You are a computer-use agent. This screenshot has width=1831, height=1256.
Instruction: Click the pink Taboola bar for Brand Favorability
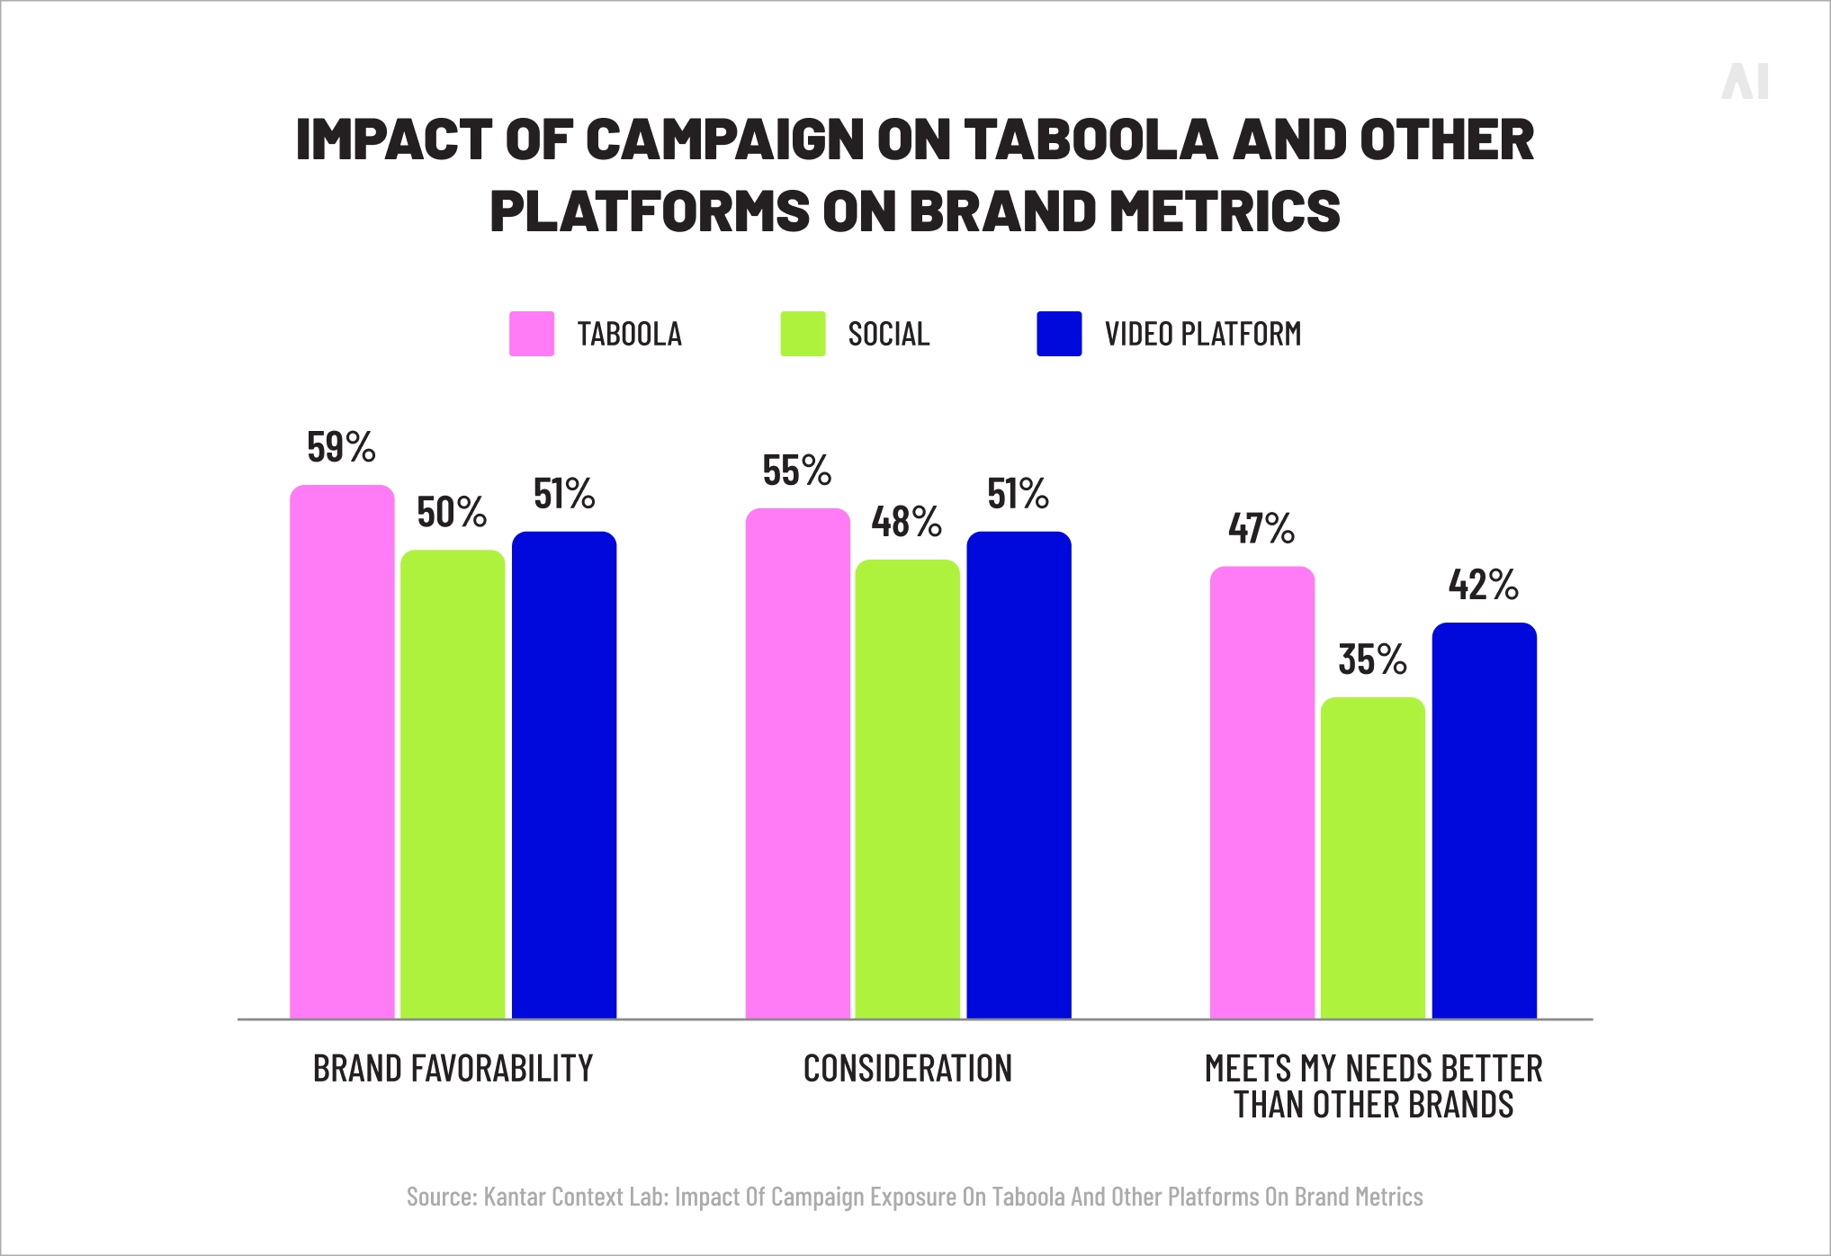342,751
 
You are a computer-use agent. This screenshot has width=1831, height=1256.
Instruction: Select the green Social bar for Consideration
907,789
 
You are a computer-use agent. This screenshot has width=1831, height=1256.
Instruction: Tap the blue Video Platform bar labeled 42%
1484,821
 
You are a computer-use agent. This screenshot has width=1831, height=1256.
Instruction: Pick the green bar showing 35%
1372,857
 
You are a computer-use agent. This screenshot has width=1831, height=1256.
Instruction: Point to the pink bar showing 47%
1261,792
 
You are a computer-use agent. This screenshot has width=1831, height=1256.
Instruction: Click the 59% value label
341,447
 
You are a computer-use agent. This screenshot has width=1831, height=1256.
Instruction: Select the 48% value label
906,522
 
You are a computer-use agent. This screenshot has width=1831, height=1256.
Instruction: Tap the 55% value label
796,471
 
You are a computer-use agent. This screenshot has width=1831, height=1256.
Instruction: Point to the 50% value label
452,513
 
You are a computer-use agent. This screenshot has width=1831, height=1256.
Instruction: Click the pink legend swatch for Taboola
532,334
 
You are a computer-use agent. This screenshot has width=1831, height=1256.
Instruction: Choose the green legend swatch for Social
803,334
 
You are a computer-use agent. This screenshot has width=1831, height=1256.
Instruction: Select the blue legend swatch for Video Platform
1059,334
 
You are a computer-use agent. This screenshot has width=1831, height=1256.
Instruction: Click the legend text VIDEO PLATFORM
1203,334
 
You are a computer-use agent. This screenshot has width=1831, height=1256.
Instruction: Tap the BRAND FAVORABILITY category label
453,1069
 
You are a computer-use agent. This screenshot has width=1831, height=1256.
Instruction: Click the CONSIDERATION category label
907,1069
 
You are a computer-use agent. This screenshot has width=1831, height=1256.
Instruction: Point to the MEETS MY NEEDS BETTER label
1373,1069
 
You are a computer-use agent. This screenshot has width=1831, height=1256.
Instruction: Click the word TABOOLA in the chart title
1090,139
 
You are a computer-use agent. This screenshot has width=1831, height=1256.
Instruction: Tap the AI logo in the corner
1745,82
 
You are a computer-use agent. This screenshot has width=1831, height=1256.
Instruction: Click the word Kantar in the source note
515,1197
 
